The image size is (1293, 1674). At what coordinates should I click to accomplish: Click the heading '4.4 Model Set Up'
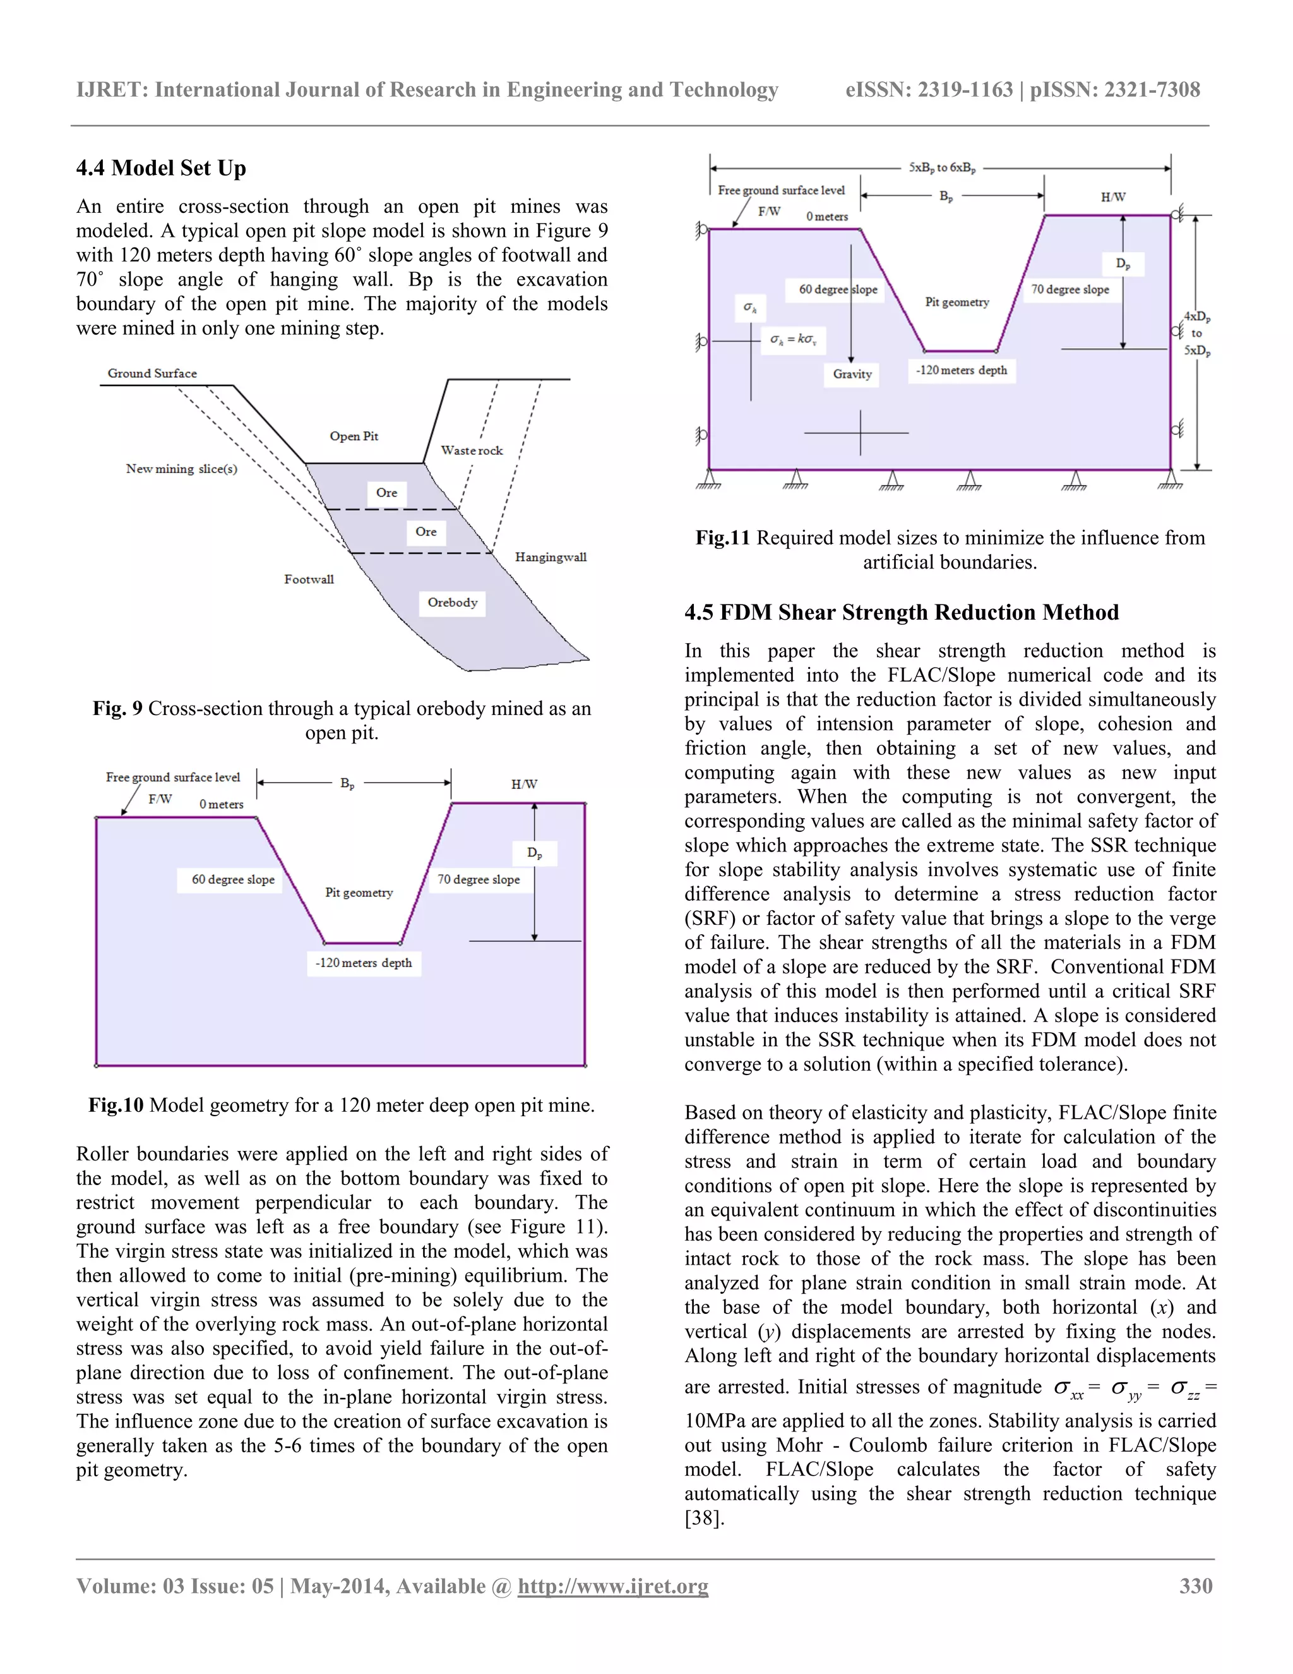pos(161,168)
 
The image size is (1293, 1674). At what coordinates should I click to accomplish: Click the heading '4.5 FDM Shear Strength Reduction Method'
pos(901,611)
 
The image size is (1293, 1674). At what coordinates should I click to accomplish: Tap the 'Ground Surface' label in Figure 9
pos(152,373)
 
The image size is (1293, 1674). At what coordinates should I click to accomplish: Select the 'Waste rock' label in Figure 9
pos(472,450)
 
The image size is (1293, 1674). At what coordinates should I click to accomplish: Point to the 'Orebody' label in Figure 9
pos(452,603)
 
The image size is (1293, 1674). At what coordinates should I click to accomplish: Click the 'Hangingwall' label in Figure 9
pos(550,557)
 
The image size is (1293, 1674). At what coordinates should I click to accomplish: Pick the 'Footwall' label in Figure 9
pos(309,579)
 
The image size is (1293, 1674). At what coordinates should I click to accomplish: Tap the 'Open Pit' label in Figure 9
pos(354,436)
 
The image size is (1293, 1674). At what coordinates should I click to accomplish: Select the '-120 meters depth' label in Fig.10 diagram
pos(363,963)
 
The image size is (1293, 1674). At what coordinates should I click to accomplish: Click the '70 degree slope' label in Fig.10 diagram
pos(478,879)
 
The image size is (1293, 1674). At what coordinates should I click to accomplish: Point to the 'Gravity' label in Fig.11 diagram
pos(852,374)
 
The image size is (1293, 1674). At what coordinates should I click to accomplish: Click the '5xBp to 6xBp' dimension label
pos(941,167)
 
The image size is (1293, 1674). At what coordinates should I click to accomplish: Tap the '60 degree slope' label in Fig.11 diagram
pos(838,290)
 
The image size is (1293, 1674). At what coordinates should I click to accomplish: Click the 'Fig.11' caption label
pos(722,538)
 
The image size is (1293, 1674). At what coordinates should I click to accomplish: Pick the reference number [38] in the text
pos(703,1519)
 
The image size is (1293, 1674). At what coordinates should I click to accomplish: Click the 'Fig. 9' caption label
pos(117,708)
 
